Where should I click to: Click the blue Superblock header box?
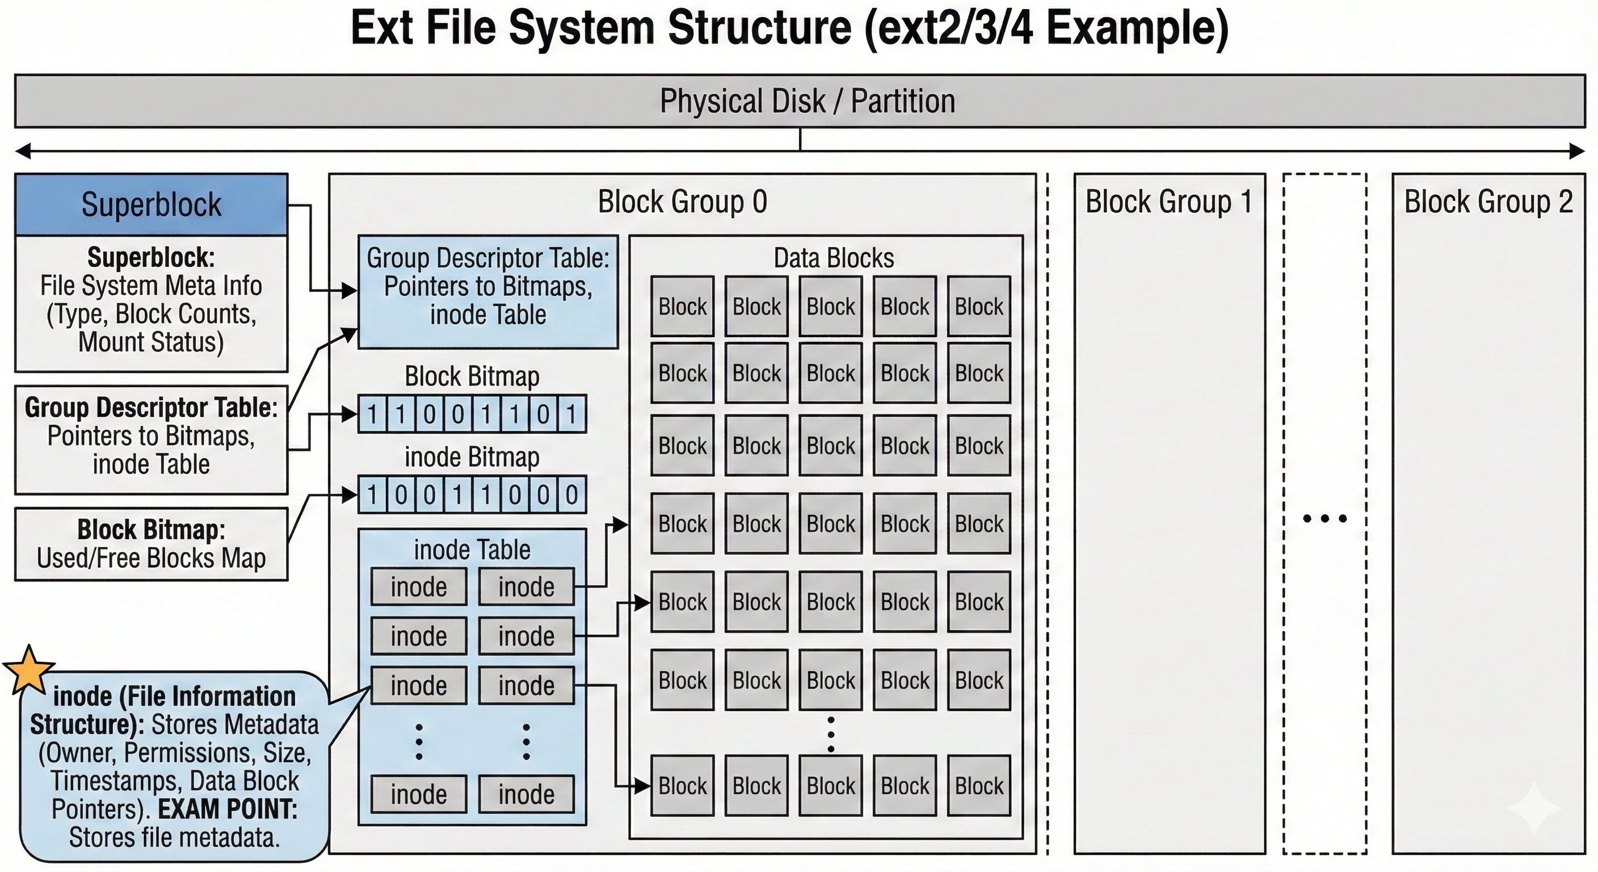(x=152, y=204)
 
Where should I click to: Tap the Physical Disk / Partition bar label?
(x=807, y=101)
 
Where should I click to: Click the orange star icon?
(x=28, y=670)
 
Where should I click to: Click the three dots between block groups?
(x=1324, y=518)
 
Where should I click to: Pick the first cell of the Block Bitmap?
(x=372, y=414)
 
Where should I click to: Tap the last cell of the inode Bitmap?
(x=571, y=494)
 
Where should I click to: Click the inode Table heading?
(x=472, y=550)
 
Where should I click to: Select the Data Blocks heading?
(x=834, y=258)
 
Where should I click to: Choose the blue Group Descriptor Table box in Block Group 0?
(x=488, y=292)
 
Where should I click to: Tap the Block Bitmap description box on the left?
(x=152, y=544)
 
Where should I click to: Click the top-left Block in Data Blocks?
(x=682, y=307)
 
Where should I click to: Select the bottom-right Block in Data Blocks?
(x=979, y=786)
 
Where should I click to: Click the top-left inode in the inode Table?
(x=419, y=587)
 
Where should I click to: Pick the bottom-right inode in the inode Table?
(x=526, y=794)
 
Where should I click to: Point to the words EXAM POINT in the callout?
(x=228, y=810)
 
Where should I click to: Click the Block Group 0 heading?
(x=682, y=202)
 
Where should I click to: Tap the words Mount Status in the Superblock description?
(x=151, y=342)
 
